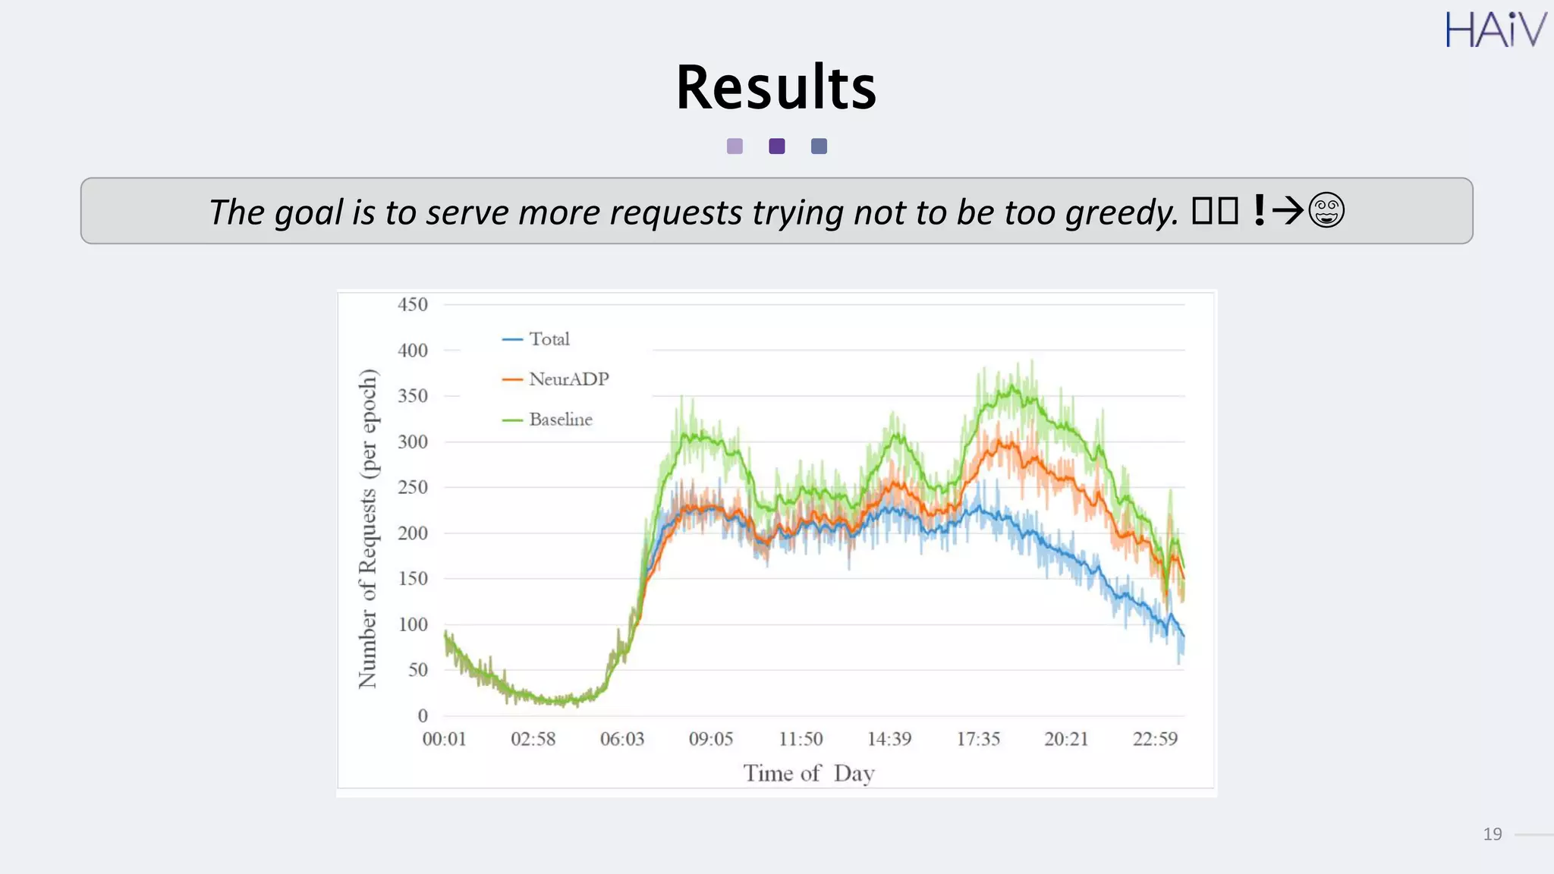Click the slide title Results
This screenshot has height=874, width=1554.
click(x=776, y=88)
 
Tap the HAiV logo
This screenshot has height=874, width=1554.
click(x=1495, y=30)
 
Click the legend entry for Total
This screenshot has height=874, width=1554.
click(x=549, y=339)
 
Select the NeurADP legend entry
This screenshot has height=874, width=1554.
click(x=568, y=379)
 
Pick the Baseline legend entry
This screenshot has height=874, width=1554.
click(x=560, y=420)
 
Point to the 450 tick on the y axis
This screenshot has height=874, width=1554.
click(x=413, y=305)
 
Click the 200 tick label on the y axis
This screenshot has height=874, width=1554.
click(x=413, y=533)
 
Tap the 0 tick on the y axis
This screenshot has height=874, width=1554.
click(x=423, y=715)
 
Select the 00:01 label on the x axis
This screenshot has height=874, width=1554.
click(x=445, y=739)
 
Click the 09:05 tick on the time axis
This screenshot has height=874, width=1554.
click(x=711, y=739)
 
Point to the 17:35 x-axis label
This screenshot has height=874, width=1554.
click(x=978, y=739)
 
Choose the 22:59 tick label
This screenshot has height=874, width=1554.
click(x=1155, y=739)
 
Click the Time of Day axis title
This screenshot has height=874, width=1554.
click(x=809, y=773)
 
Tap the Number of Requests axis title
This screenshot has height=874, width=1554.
click(x=368, y=529)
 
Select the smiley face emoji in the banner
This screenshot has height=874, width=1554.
click(x=1326, y=211)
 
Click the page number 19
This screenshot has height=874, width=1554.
click(x=1492, y=835)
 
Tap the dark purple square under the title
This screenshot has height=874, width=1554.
click(x=777, y=146)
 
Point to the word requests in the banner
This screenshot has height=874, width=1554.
click(x=676, y=212)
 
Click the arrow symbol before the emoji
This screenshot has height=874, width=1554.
click(x=1288, y=211)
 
